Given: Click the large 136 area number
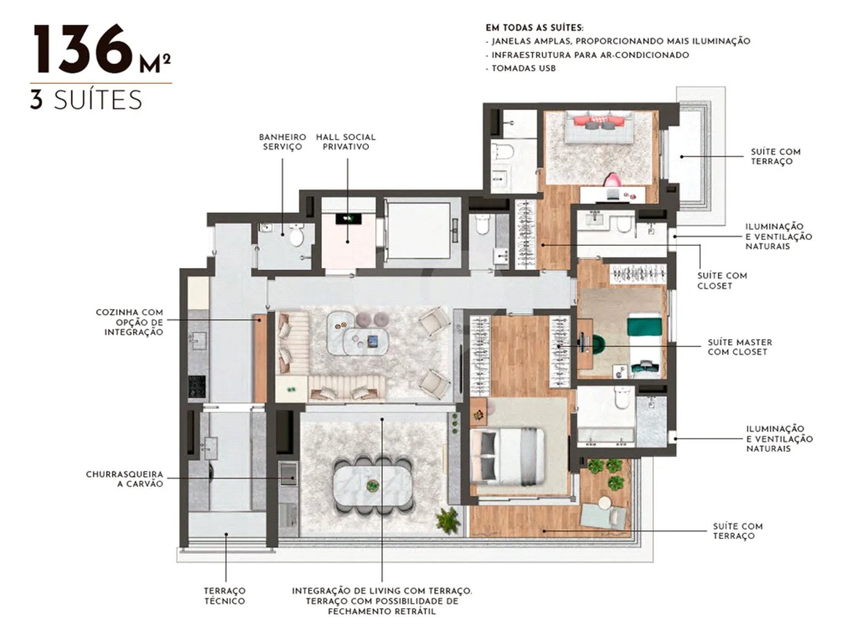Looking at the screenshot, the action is pos(82,48).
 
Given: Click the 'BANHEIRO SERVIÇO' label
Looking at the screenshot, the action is pos(283,142).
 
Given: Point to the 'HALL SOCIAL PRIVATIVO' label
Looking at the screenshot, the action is pos(346,142).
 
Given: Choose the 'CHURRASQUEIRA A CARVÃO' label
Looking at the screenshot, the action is pos(124,479).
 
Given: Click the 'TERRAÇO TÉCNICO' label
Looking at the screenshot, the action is pos(224,596).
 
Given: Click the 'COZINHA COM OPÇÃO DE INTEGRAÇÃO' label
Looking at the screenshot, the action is pos(129,322).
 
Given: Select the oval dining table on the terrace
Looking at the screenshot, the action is pos(373,486).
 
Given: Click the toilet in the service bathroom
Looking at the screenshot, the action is pos(296,235).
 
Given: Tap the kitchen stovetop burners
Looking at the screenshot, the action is pos(197,386).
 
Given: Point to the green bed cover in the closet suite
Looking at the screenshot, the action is pos(644,326).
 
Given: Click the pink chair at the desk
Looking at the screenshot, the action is pos(612,180).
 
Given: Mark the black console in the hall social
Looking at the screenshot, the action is pos(348,219).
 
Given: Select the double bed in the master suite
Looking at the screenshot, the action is pos(507,456).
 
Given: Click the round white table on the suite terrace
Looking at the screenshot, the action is pos(604,503).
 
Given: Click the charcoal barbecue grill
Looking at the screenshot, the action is pos(289,473).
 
